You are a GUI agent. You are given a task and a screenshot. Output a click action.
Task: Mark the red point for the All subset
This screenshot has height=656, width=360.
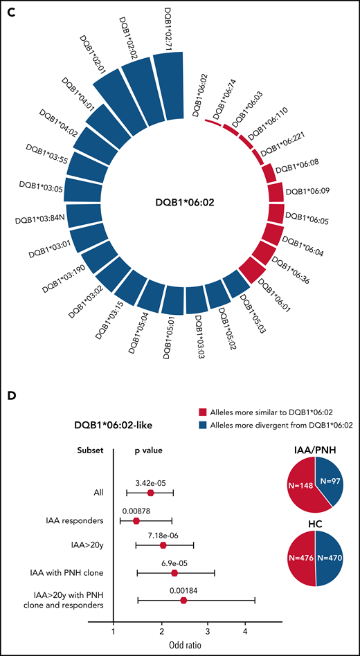(x=150, y=493)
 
